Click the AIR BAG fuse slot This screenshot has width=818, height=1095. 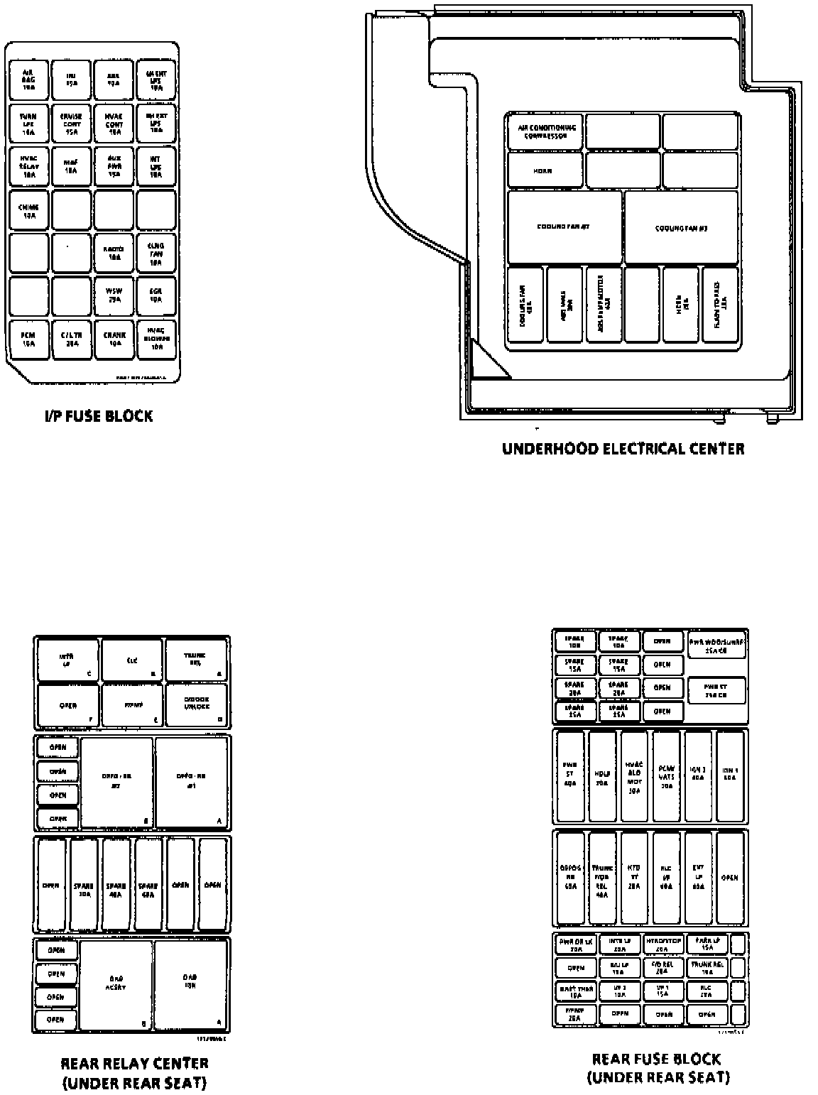(x=28, y=79)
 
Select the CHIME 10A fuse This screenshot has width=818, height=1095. (x=28, y=210)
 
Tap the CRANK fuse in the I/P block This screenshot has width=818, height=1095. (x=114, y=340)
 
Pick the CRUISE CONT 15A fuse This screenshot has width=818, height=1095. (x=71, y=123)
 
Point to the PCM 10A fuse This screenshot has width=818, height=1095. (x=28, y=340)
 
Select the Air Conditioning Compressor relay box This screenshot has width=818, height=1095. (x=545, y=132)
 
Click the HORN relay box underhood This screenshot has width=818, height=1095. (x=545, y=171)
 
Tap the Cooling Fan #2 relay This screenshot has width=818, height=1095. (x=565, y=227)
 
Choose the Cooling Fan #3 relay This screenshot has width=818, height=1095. (x=681, y=228)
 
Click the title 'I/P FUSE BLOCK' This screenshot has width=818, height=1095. (x=98, y=416)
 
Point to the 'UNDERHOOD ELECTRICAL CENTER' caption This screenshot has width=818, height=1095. (x=623, y=449)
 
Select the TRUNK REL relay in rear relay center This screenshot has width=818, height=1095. (x=197, y=660)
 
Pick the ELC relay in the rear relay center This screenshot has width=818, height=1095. (x=133, y=660)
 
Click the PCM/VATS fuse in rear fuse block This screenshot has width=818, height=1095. (x=667, y=775)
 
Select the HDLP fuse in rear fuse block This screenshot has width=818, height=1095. (x=602, y=775)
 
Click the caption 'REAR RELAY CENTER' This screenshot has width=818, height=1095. (x=134, y=1063)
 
